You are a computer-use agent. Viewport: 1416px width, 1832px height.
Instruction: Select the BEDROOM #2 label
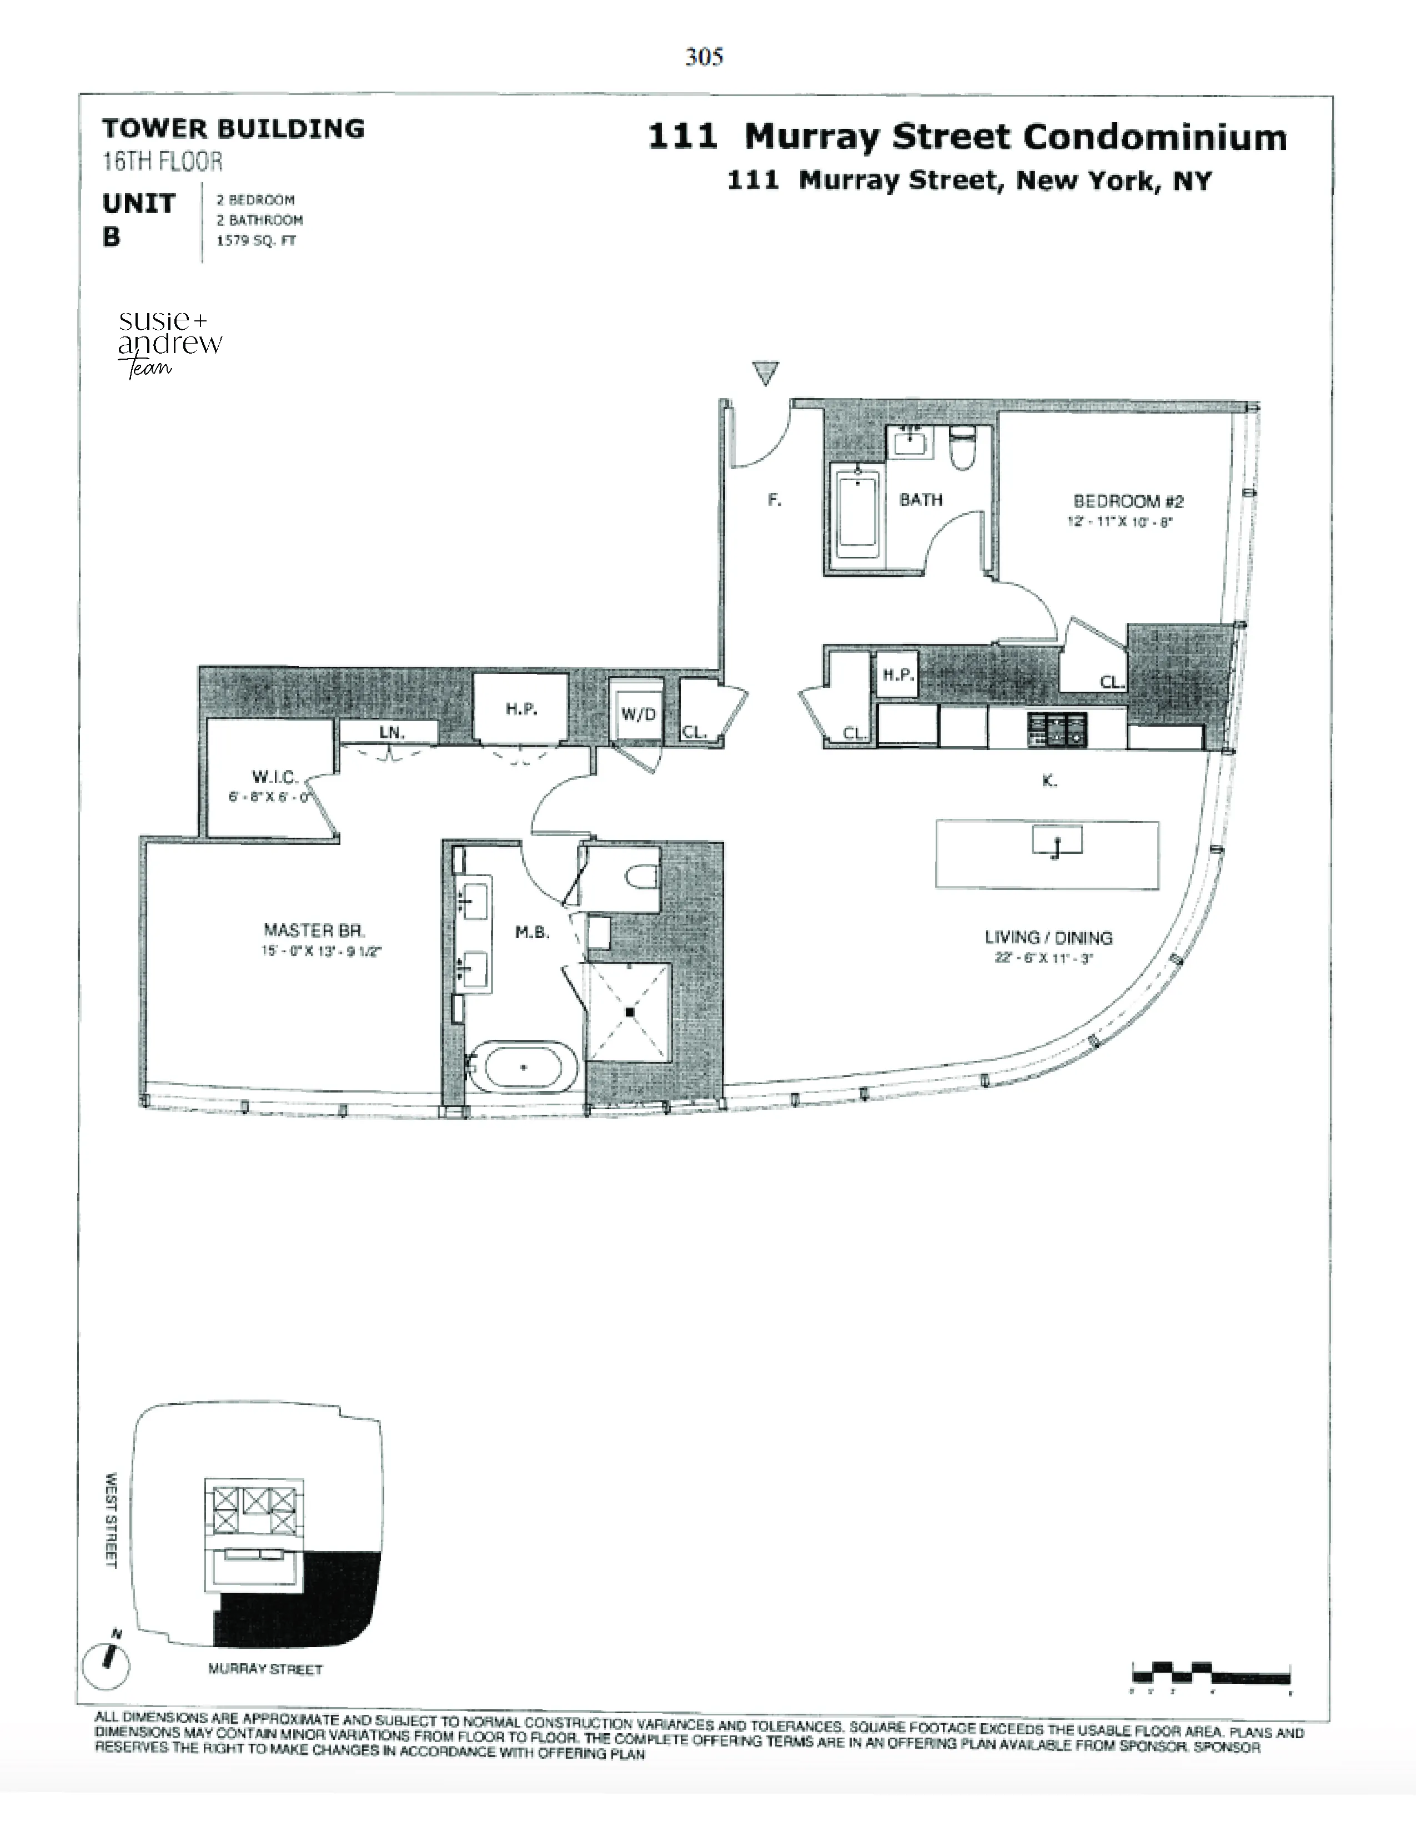(1128, 502)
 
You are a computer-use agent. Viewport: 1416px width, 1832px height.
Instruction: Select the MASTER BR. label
(314, 929)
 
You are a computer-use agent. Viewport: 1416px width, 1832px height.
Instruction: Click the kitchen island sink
(1057, 842)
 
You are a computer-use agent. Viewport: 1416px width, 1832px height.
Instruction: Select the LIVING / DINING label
(1048, 938)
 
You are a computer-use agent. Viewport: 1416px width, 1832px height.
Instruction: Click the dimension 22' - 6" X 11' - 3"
(1045, 958)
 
